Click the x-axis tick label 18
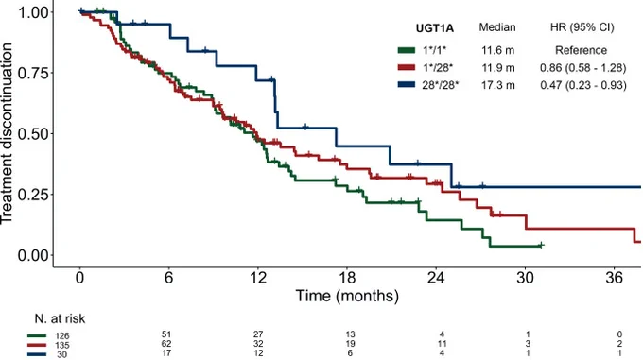347,278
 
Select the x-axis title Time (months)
347,296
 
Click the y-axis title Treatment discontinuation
7,133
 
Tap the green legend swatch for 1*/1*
406,50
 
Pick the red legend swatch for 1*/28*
406,68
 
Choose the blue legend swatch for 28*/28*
406,85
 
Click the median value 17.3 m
497,85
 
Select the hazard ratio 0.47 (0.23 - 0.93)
583,85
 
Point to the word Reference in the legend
582,50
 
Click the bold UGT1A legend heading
435,27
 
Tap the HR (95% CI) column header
582,27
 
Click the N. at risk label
60,318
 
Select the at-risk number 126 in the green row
62,336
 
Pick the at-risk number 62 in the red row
166,344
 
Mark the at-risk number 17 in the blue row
166,352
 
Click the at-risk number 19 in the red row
350,344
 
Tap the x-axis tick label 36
614,278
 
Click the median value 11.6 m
497,50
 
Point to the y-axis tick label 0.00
33,255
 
